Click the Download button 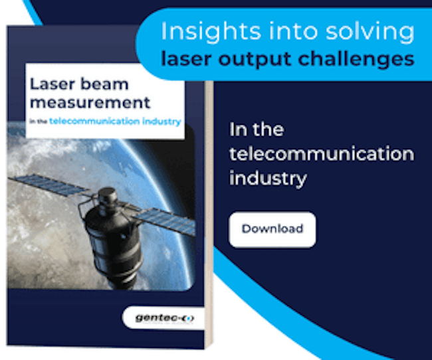272,229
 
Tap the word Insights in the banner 211,31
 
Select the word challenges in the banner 356,59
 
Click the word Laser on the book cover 51,84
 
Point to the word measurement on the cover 90,103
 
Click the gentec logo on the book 164,318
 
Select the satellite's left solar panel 49,185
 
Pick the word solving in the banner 370,31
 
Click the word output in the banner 255,60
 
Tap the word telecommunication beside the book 322,153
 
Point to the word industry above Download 268,179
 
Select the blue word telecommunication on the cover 94,121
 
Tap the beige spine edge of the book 209,215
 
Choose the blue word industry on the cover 162,122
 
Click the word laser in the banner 186,59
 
